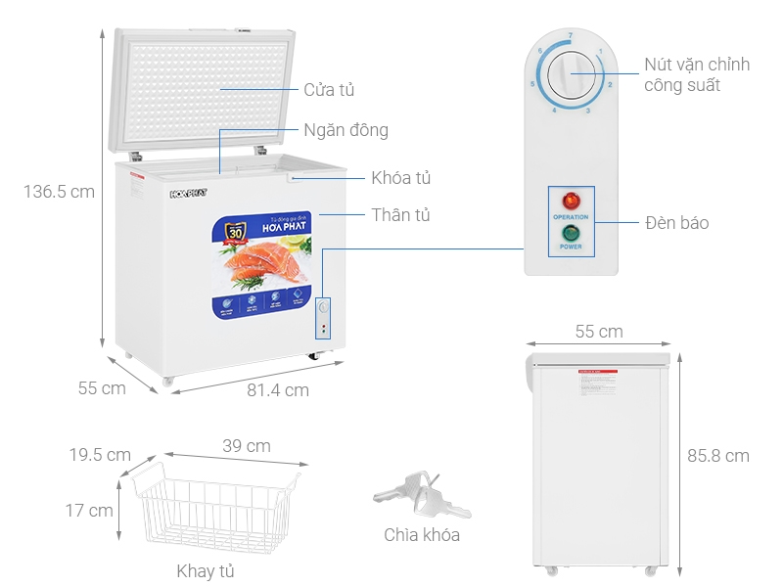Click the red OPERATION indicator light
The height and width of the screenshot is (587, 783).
(571, 201)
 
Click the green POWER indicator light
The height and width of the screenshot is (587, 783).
(571, 233)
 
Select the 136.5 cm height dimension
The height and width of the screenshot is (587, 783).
(59, 192)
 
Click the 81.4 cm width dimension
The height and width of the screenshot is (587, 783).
(278, 390)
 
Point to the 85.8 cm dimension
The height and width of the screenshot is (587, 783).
(717, 455)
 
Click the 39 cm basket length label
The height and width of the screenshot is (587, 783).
(247, 446)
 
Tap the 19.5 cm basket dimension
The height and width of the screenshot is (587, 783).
(100, 455)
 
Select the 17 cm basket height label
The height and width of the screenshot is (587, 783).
(88, 510)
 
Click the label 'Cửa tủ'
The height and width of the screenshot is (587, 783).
(329, 90)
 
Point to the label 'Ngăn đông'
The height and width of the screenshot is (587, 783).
(345, 130)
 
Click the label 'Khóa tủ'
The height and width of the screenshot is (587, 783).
(400, 178)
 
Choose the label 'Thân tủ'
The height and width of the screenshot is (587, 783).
(400, 214)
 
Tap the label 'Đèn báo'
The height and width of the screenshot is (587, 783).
(677, 223)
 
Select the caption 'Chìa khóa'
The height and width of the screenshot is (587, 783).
(421, 535)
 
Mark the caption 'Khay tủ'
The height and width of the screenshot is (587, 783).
(205, 570)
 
